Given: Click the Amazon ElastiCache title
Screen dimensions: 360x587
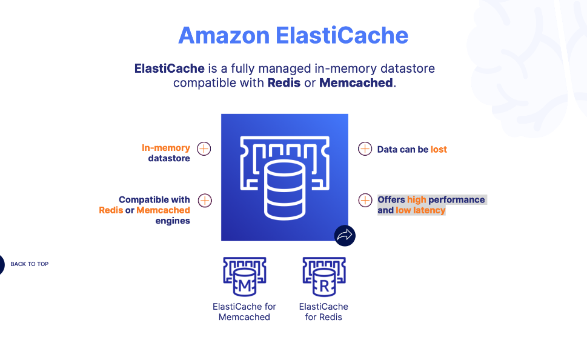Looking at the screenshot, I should point(293,35).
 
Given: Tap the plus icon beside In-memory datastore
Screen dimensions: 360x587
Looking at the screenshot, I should point(204,148).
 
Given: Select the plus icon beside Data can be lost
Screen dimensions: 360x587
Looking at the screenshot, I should point(365,148).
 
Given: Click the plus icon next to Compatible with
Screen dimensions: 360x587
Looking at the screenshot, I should point(205,200).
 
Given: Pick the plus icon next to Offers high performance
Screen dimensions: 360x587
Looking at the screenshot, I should point(365,200).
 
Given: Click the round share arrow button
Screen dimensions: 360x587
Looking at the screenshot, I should point(345,236).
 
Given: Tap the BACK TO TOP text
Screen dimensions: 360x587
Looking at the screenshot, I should point(29,264).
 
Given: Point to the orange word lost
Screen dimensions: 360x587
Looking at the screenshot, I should point(439,149).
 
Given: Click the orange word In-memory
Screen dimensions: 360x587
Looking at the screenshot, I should point(166,148).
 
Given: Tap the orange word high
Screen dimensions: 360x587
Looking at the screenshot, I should point(417,199).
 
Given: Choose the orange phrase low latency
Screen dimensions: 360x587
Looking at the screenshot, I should point(420,210).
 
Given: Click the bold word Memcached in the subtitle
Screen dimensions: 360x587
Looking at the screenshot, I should point(356,83).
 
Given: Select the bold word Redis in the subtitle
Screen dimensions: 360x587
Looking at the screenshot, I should point(284,83).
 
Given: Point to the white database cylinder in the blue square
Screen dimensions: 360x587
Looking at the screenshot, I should point(284,189).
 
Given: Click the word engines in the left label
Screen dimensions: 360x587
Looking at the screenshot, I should point(173,221).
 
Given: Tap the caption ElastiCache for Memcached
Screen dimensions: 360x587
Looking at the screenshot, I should point(245,312).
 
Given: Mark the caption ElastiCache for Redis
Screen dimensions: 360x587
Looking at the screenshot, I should point(323,312).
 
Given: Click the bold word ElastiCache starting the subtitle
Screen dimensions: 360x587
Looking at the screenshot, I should point(169,68).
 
